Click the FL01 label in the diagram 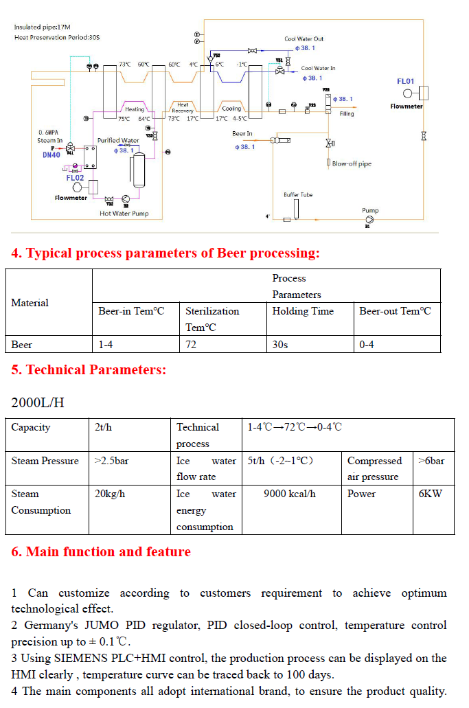tap(406, 82)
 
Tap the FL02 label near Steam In tap(75, 178)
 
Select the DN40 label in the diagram tap(51, 155)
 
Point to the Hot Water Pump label tap(124, 214)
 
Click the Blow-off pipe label tap(352, 164)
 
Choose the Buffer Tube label tap(298, 195)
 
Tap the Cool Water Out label tap(304, 39)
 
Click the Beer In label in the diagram tap(242, 134)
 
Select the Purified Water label tap(118, 141)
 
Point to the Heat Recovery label tap(183, 108)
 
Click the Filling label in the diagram tap(347, 114)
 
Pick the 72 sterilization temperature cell tap(191, 345)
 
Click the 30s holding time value tap(280, 345)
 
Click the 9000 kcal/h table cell tap(290, 494)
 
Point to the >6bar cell tap(431, 461)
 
